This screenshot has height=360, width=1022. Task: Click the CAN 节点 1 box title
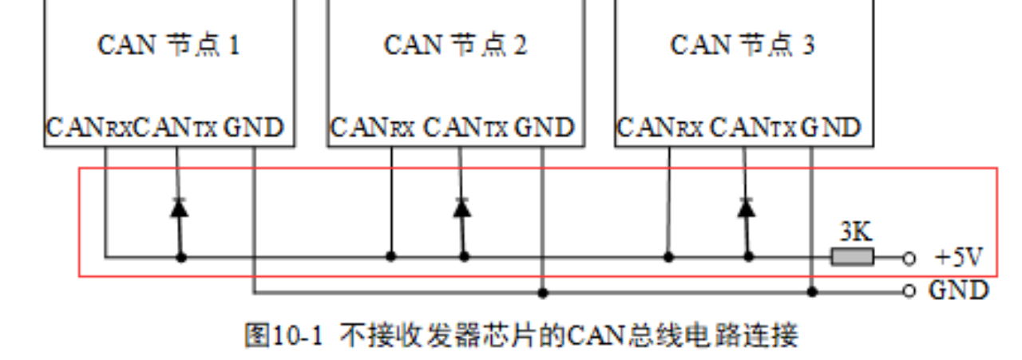coord(168,45)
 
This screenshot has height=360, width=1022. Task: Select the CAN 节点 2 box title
coord(455,45)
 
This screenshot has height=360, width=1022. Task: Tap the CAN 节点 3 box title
coord(742,45)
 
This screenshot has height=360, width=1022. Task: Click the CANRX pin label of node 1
coord(89,128)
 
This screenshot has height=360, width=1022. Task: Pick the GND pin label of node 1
coord(253,128)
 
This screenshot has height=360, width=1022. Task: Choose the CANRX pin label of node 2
coord(372,128)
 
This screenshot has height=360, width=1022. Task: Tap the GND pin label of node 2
coord(544,128)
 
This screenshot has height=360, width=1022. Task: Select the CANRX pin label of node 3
coord(660,128)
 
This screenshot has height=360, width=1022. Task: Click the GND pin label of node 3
coord(831,128)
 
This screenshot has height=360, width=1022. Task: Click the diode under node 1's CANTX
coord(180,208)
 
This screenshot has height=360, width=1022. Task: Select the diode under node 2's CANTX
coord(461,208)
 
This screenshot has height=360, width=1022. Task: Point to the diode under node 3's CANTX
coord(747,208)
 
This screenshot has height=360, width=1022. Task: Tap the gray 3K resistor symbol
coord(852,257)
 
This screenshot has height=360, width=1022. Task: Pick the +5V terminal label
coord(958,258)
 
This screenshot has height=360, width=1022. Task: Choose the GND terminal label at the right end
coord(958,290)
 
